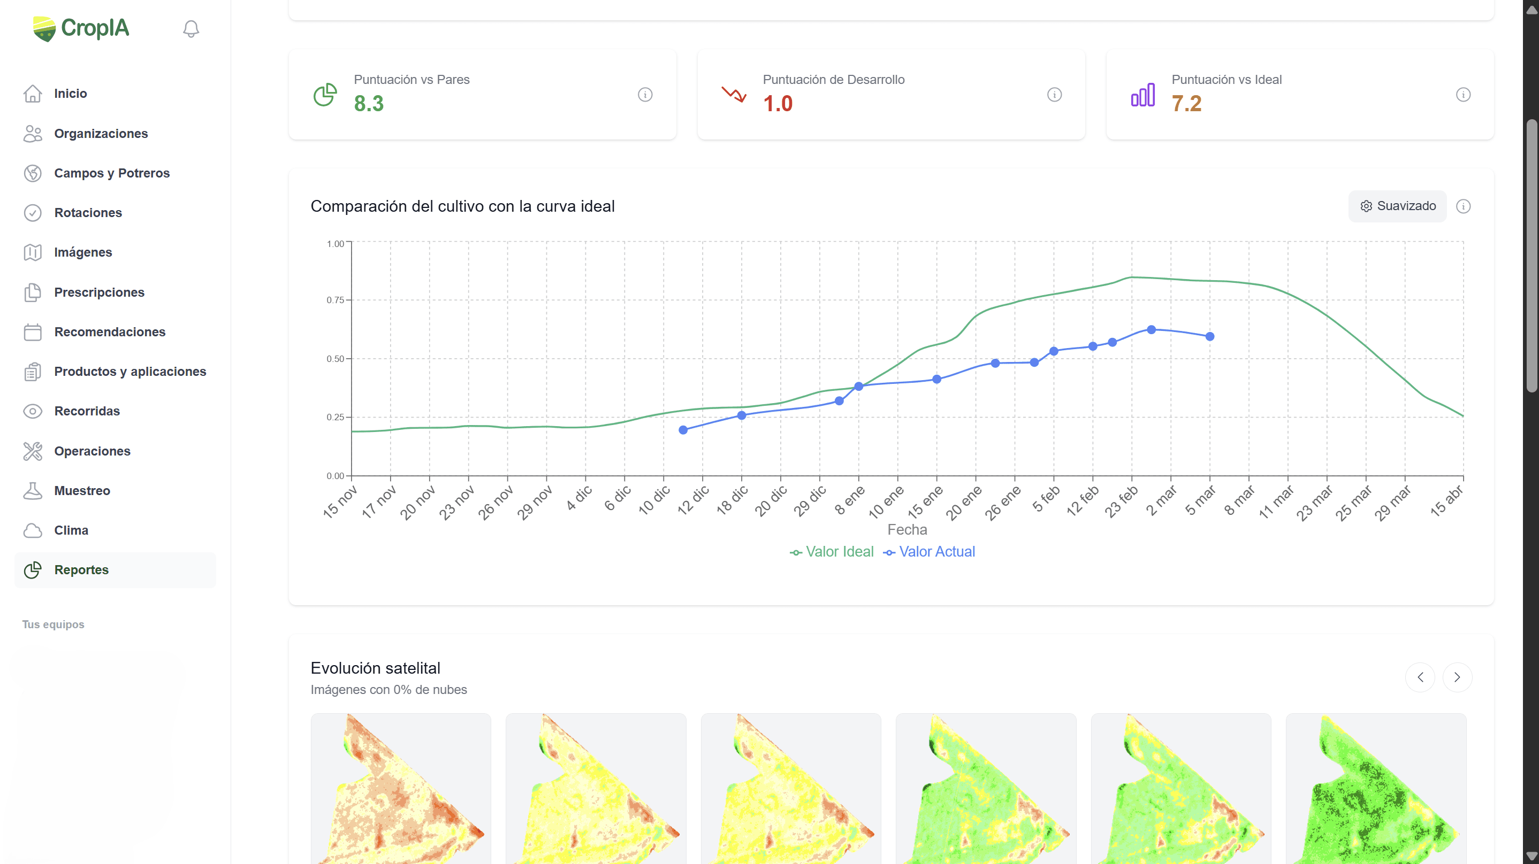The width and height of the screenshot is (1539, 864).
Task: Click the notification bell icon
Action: point(191,29)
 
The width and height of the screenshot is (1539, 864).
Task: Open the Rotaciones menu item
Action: point(88,213)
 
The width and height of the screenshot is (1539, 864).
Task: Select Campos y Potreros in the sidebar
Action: point(112,173)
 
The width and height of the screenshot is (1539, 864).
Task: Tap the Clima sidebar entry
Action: point(71,530)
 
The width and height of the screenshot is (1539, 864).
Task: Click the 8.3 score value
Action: point(369,104)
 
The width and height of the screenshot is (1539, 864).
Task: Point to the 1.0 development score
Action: point(778,104)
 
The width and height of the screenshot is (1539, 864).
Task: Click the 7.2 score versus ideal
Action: point(1186,104)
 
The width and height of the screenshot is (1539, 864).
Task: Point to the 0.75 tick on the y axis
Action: point(335,300)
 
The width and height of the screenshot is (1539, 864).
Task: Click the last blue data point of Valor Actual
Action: point(1210,337)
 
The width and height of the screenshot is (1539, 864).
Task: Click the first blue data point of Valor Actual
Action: point(683,430)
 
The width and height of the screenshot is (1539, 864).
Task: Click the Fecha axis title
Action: point(907,530)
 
